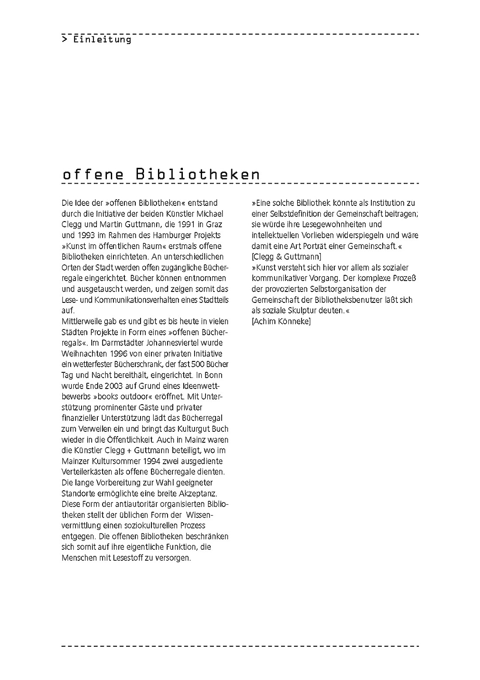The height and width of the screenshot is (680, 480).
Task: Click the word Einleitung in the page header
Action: click(x=102, y=39)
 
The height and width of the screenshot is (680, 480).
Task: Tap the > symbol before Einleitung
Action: click(x=65, y=39)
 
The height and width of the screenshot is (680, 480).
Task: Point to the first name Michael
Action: click(x=209, y=214)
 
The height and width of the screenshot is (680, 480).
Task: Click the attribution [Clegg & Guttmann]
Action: click(x=286, y=257)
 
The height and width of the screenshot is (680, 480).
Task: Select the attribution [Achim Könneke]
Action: click(x=281, y=321)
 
